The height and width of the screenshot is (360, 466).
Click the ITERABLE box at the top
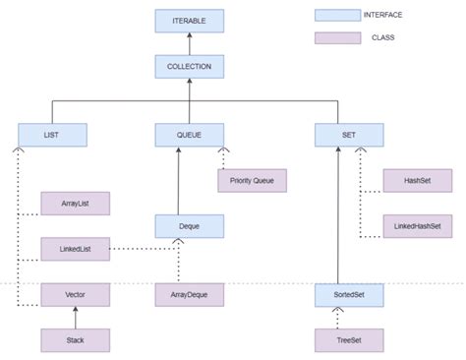pos(189,21)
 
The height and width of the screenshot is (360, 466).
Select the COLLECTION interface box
pos(189,67)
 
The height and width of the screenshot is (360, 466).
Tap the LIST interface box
pos(53,135)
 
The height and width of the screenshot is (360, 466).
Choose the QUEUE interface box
pos(189,135)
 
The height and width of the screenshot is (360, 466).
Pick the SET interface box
pos(349,135)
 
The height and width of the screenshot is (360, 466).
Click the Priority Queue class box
pos(252,181)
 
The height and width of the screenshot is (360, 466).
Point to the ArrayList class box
pos(75,204)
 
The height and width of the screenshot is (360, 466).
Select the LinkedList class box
pos(75,249)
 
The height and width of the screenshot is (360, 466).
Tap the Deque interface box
pos(189,226)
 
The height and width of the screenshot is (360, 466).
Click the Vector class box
pos(75,294)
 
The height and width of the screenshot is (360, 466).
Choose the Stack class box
pos(75,340)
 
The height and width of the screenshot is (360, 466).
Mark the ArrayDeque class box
pos(189,294)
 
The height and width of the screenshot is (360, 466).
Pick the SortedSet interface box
pos(349,294)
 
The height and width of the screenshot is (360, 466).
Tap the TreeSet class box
pos(349,340)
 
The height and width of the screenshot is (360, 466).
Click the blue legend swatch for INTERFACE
pos(337,16)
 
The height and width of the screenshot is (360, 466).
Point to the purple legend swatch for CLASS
pos(337,38)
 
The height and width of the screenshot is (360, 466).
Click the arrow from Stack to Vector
pos(75,318)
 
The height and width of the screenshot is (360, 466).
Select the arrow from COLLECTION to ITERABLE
pos(189,44)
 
